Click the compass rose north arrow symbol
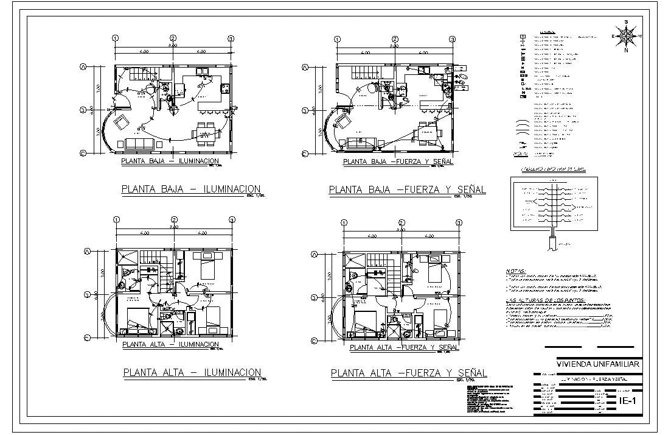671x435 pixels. click(625, 35)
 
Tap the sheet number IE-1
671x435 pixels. click(627, 400)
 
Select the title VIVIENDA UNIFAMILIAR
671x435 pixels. click(598, 364)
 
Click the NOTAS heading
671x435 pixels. click(516, 272)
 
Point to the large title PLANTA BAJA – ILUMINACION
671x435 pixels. click(191, 189)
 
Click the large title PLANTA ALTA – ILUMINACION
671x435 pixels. click(192, 372)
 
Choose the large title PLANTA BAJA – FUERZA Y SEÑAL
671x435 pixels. click(408, 190)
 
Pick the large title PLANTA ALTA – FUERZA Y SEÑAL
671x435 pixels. click(408, 373)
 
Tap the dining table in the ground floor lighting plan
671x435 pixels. click(205, 133)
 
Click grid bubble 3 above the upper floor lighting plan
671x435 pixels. click(232, 219)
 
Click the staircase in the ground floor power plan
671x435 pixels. click(364, 71)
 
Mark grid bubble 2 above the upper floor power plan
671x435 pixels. click(402, 223)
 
